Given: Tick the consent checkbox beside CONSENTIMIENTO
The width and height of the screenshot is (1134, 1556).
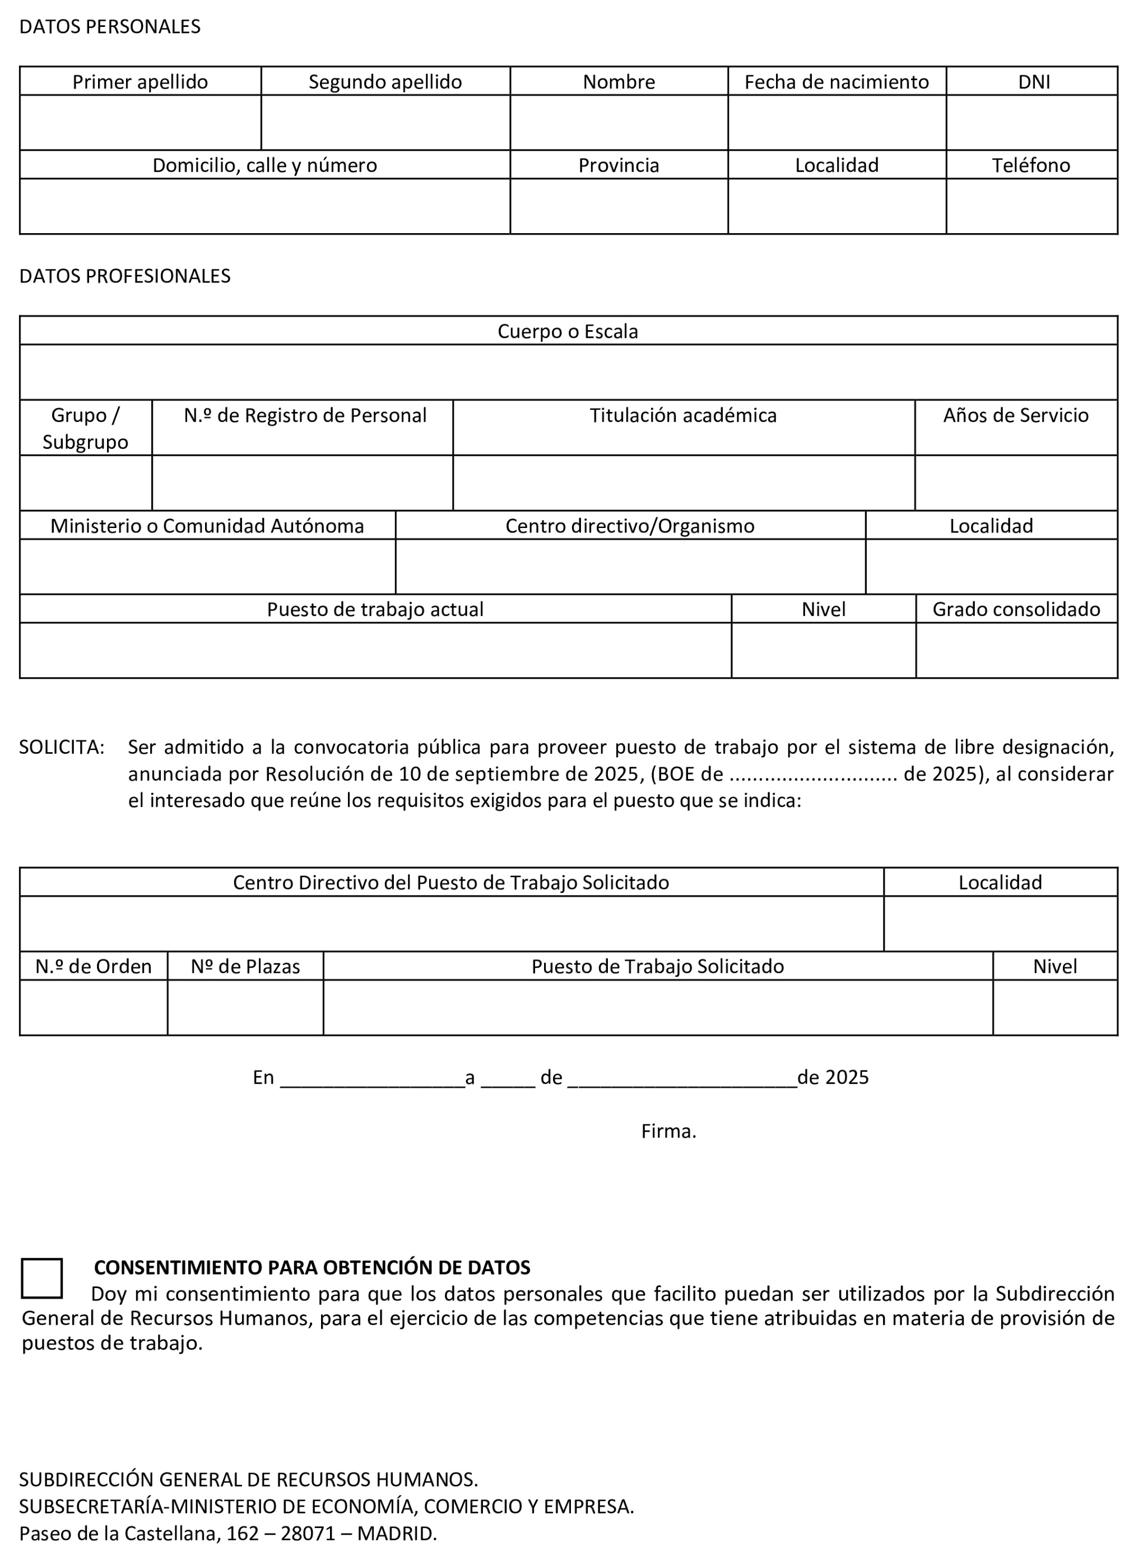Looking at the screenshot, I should coord(42,1278).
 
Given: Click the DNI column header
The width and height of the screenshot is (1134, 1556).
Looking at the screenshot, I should coord(1034,82).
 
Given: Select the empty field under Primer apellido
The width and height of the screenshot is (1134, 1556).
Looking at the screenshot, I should coord(140,122).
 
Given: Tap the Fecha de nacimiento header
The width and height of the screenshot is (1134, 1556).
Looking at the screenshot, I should coord(836,82).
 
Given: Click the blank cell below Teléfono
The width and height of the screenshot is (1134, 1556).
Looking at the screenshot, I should coord(1031,206).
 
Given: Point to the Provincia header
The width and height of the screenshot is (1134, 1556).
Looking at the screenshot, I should coord(619,165).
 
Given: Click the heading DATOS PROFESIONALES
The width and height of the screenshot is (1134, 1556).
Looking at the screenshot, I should coord(125,275).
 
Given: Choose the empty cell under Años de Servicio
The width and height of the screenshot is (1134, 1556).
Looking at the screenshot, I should coord(1016,482).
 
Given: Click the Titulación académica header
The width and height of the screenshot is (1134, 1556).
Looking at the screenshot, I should coord(683,415).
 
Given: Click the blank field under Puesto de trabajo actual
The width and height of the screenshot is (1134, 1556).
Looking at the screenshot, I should coord(375,650).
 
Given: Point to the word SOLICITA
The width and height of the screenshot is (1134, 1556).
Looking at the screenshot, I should coord(62,747).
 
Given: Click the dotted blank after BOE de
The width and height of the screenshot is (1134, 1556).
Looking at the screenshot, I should coord(813,775).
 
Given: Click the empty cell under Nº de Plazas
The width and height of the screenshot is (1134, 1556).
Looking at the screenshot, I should coord(245,1007).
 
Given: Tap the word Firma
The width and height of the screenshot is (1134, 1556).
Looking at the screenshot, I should coord(668,1131).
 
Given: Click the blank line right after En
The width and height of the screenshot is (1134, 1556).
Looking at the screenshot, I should coord(373,1078).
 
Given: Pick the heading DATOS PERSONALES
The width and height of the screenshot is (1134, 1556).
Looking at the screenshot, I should coord(110,26).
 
